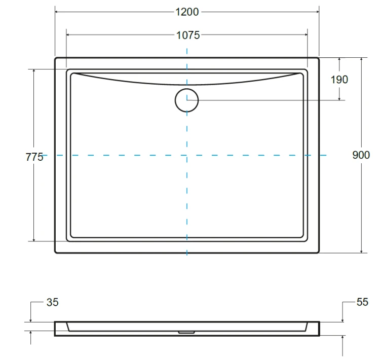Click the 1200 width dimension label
pos(187,12)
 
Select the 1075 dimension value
pos(188,35)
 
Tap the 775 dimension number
pos(34,157)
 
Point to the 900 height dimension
pos(361,155)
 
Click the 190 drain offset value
pos(339,80)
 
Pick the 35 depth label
pos(52,302)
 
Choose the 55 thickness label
pos(362,302)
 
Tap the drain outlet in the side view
pos(186,332)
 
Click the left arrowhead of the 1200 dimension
pos(56,12)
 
